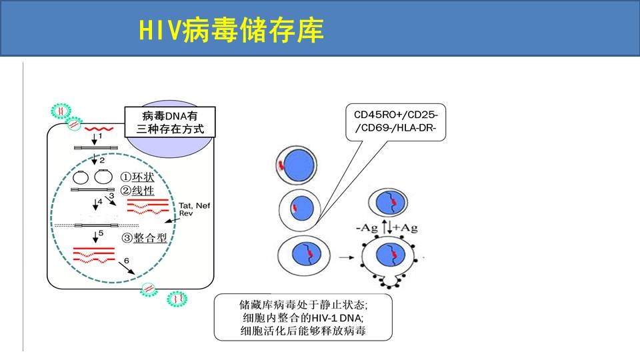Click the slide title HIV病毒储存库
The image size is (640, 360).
[x=231, y=29]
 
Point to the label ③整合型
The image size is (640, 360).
[x=144, y=238]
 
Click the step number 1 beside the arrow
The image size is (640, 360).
[x=101, y=136]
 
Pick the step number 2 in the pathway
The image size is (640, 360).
[x=102, y=161]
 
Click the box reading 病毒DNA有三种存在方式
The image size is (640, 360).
[x=170, y=121]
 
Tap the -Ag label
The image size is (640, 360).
[x=367, y=228]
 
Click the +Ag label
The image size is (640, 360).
[x=407, y=228]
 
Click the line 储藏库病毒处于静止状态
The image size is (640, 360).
[x=303, y=305]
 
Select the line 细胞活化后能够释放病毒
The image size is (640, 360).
[x=303, y=330]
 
